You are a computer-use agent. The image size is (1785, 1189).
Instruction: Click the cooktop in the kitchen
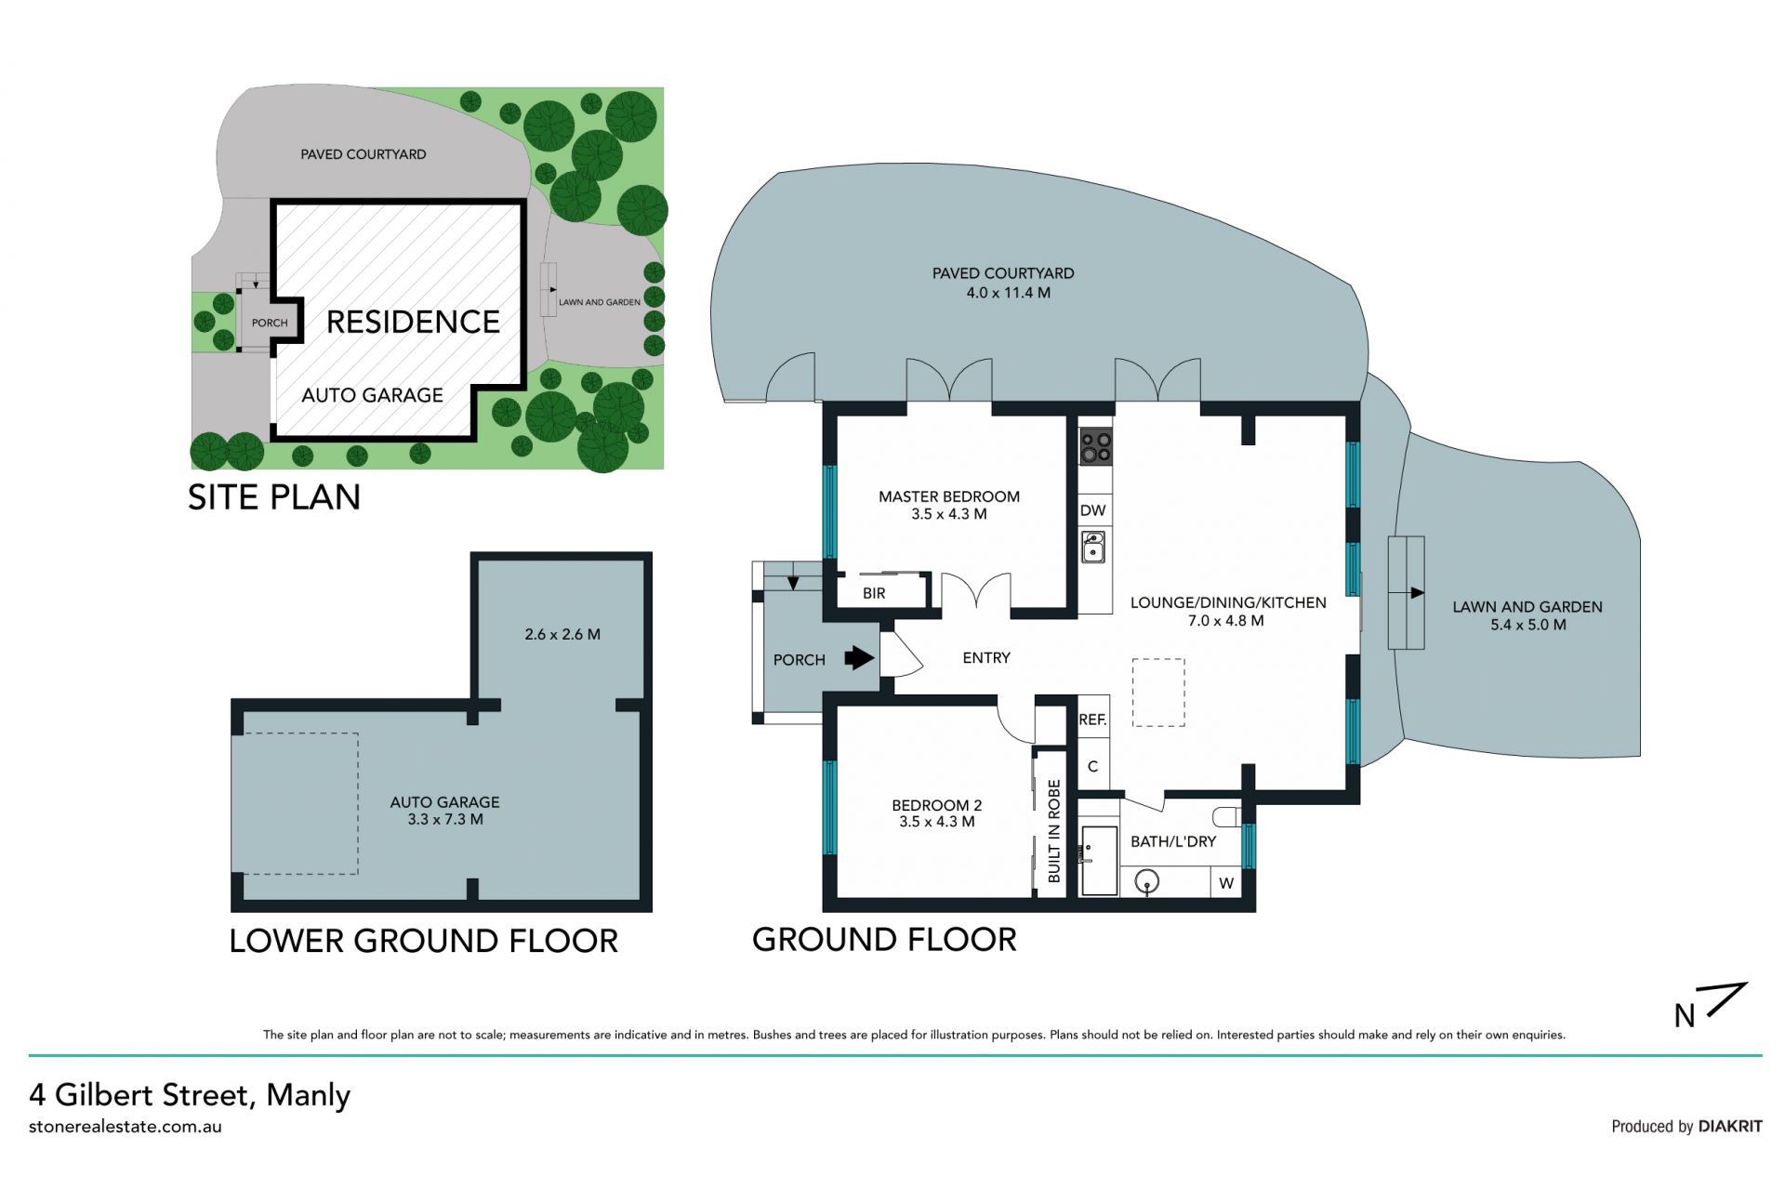(x=1095, y=446)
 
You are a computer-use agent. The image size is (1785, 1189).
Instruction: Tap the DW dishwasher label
(x=1093, y=510)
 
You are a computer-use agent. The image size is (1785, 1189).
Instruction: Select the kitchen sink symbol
(x=1094, y=547)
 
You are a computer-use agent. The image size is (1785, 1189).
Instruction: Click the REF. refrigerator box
(x=1093, y=719)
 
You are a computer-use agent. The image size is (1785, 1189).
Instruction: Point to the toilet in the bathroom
(x=1228, y=817)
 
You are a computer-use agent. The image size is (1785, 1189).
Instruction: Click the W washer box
(x=1226, y=882)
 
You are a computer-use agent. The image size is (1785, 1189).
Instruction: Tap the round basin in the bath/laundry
(x=1149, y=881)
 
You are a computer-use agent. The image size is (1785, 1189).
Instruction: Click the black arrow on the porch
(x=859, y=658)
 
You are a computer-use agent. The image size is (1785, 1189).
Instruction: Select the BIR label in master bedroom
(x=874, y=593)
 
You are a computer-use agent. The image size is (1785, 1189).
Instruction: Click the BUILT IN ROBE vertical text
(x=1054, y=831)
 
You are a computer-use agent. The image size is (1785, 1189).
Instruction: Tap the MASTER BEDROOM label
(x=949, y=496)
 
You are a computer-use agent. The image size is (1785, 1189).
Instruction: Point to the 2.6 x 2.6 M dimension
(x=562, y=634)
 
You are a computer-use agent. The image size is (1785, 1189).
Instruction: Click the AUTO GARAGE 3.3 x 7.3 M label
(x=445, y=811)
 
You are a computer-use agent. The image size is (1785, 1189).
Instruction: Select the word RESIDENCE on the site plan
(x=414, y=322)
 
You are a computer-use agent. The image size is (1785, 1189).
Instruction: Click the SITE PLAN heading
(x=274, y=497)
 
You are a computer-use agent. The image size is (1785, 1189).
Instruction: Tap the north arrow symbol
(x=1712, y=1005)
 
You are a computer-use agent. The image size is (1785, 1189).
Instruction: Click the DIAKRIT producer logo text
(x=1730, y=1126)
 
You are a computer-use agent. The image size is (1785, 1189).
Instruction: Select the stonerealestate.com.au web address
(x=126, y=1127)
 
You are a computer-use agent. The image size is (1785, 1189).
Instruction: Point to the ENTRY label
(x=986, y=657)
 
